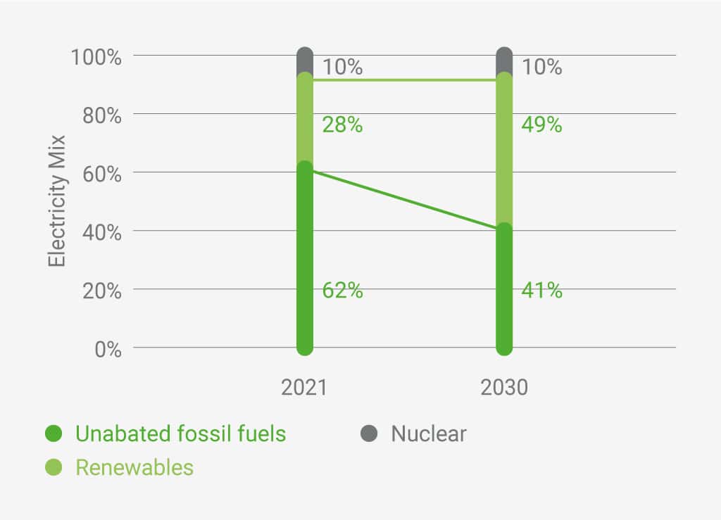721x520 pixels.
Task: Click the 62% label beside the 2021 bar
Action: tap(342, 290)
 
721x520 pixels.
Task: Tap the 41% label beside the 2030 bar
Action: tap(541, 290)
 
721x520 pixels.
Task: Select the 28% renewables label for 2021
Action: tap(342, 125)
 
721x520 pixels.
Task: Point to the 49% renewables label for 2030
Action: tap(541, 125)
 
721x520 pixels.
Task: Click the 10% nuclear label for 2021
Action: tap(342, 67)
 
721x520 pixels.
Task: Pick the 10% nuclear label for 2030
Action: tap(541, 67)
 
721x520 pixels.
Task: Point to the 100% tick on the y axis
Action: tap(96, 56)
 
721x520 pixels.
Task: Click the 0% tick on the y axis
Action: tap(107, 348)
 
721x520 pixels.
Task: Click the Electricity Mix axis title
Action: tap(57, 201)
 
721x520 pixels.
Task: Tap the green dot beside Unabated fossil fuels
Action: tap(54, 433)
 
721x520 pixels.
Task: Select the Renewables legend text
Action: tap(134, 467)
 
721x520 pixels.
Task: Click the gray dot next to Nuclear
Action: tap(369, 433)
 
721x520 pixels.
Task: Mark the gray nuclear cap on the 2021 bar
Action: tap(305, 61)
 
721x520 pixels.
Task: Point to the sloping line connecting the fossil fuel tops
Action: tap(405, 200)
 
